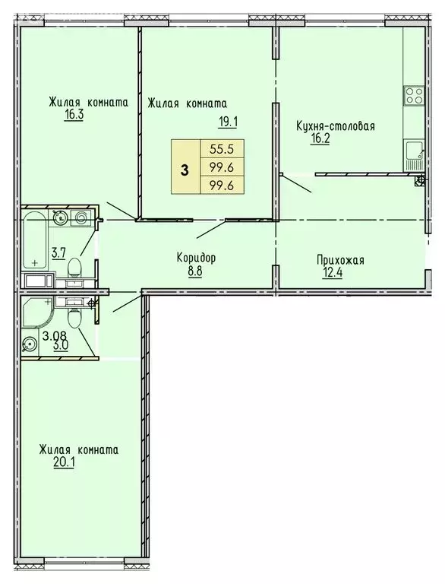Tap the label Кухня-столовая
tap(336, 126)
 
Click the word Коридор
tap(195, 258)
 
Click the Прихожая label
tap(340, 261)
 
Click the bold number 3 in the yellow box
tap(185, 170)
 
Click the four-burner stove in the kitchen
tap(414, 97)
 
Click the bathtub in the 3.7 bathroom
tap(34, 240)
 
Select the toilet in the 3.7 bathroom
tap(74, 268)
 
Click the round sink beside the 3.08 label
tap(30, 344)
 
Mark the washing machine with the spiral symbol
tap(82, 219)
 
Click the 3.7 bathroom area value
tap(58, 252)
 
